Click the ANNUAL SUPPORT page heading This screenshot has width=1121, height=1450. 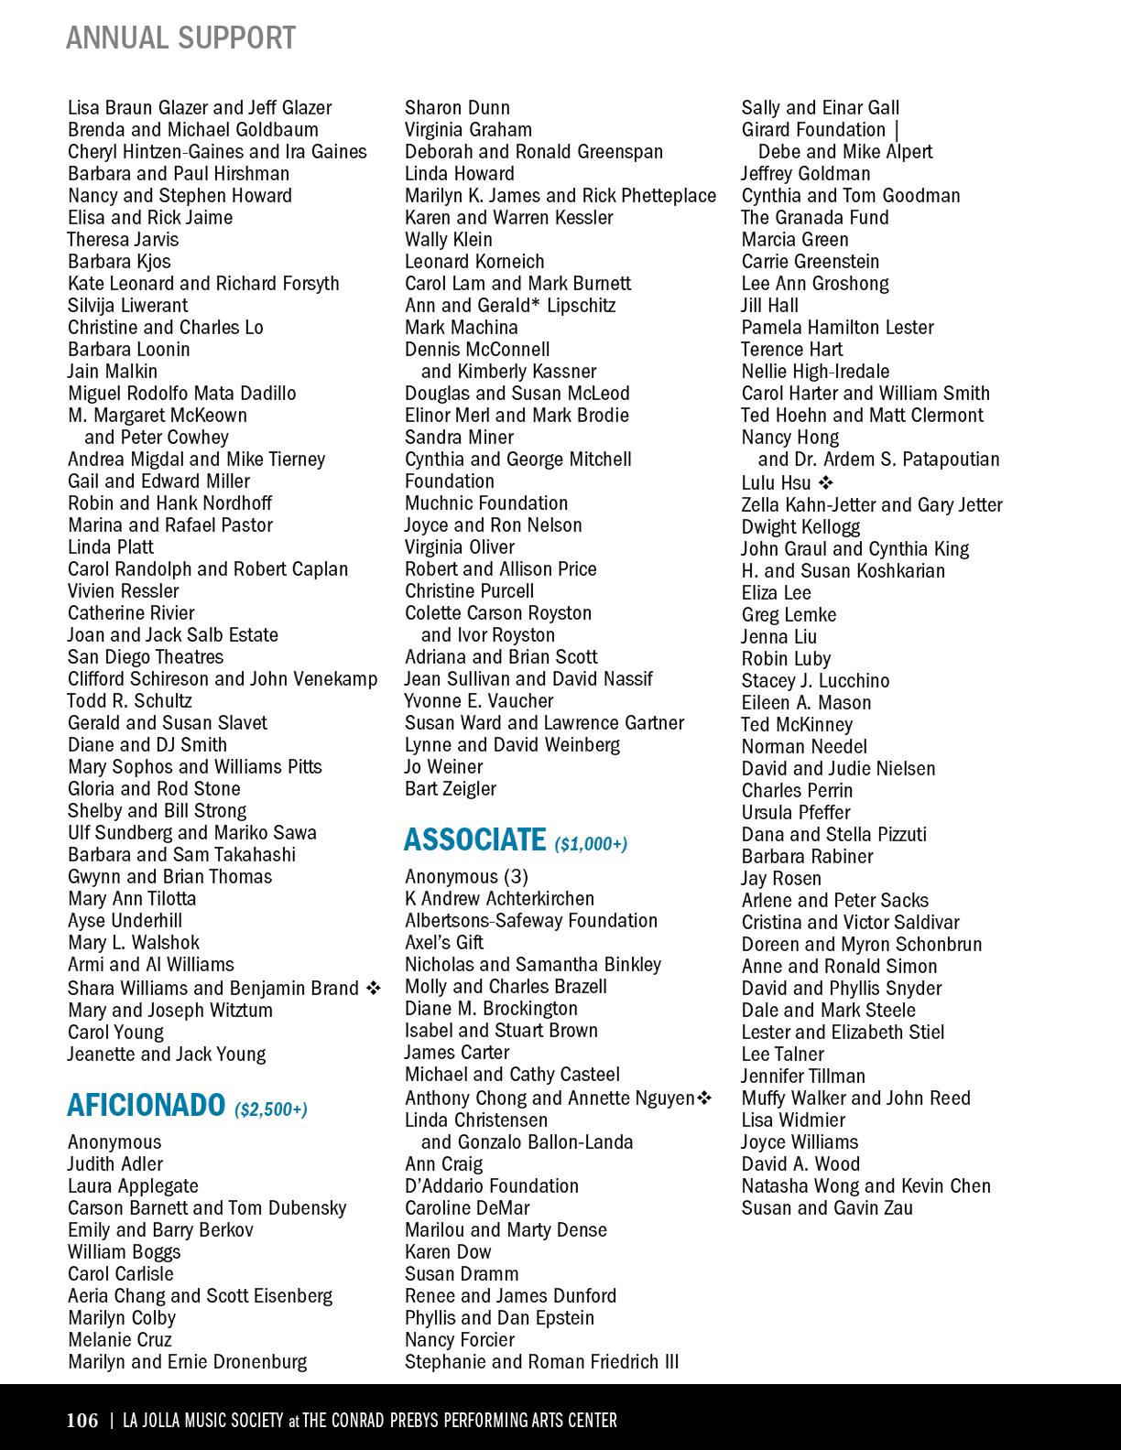[180, 38]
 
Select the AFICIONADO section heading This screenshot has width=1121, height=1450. [146, 1106]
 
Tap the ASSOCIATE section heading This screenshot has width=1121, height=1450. [474, 839]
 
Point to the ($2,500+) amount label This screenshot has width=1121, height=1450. [271, 1109]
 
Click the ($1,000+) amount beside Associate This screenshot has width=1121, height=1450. [591, 843]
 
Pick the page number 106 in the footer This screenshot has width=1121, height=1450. [82, 1420]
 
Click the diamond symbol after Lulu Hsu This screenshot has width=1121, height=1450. [825, 482]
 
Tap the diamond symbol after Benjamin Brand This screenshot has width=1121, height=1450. [373, 989]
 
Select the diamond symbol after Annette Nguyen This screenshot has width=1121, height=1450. [704, 1098]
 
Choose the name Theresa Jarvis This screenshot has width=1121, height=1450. [123, 240]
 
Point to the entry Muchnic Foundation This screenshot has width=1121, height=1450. [486, 503]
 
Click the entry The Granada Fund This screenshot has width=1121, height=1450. [815, 218]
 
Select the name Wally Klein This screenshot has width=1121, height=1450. [449, 240]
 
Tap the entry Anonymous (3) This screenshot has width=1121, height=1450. [466, 877]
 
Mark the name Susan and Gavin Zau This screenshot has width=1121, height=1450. [827, 1208]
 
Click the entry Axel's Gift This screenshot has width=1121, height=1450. [444, 943]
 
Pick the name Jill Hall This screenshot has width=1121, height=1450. [770, 306]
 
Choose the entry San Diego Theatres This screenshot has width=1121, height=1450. [146, 657]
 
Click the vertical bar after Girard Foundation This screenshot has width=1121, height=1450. [897, 130]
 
